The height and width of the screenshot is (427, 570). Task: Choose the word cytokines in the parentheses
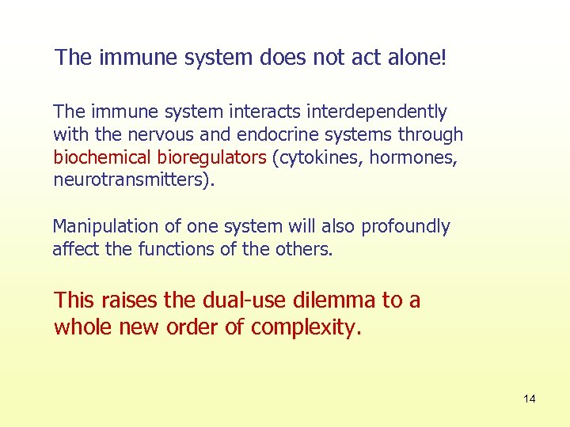click(x=313, y=157)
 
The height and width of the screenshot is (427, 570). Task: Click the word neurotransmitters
click(x=130, y=179)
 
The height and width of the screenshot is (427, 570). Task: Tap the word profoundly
click(x=405, y=226)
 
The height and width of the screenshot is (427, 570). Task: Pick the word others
click(x=305, y=249)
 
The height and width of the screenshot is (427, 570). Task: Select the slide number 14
click(x=529, y=399)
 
